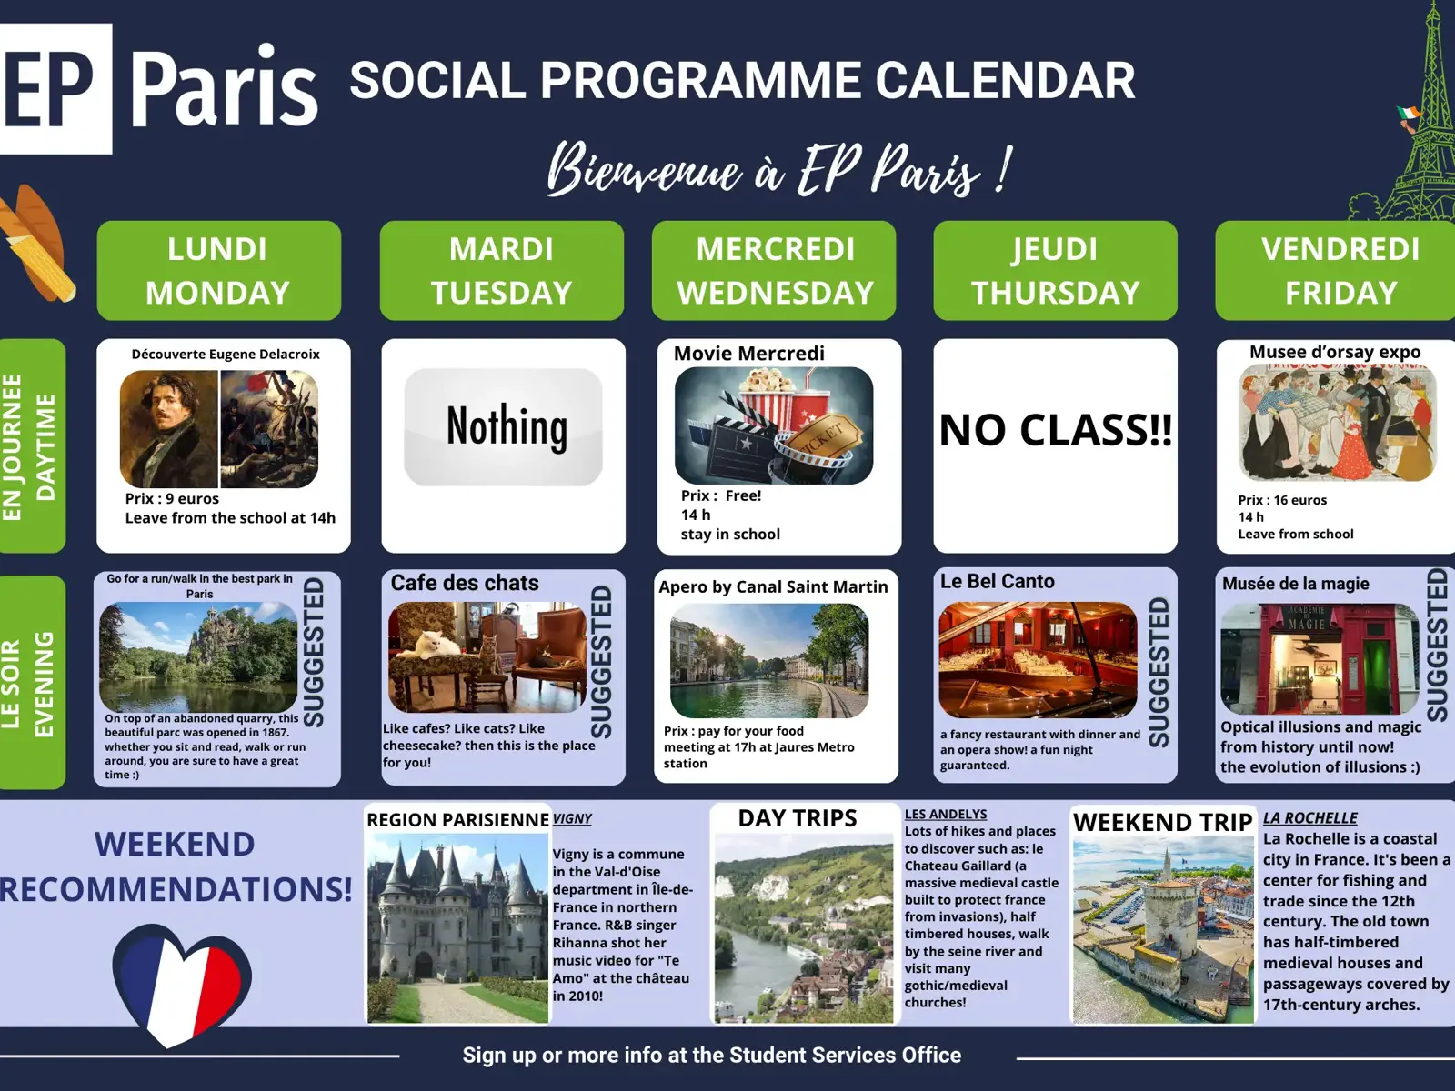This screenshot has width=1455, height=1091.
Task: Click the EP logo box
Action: point(55,88)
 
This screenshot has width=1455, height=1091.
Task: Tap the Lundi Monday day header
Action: point(219,270)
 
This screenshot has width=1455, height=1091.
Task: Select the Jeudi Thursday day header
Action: point(1055,270)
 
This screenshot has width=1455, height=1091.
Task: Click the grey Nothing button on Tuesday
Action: point(503,426)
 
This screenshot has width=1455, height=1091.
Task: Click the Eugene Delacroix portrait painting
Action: point(169,428)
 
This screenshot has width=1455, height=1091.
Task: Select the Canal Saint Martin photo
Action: point(769,660)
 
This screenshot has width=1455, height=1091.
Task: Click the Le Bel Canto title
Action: point(997,581)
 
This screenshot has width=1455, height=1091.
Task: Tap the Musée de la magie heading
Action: point(1295,584)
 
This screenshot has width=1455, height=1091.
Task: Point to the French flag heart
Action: point(182,985)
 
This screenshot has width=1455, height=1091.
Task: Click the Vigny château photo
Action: point(458,928)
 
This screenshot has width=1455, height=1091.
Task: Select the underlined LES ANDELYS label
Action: point(946,814)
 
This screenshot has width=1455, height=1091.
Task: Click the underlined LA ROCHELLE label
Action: point(1309,818)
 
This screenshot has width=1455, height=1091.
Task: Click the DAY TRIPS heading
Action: point(798,819)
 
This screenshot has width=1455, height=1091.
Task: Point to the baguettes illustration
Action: point(36,243)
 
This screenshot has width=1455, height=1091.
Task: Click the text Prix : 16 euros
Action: point(1282,500)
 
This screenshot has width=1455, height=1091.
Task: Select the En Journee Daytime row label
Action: point(32,445)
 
